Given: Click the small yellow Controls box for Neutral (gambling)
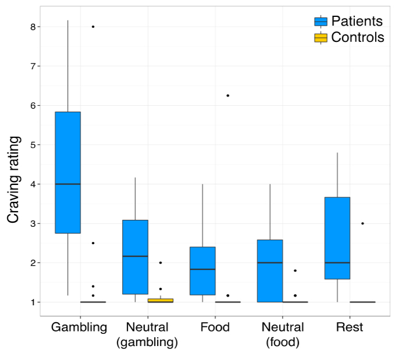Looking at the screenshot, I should (160, 301).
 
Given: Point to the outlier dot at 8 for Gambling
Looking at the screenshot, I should (93, 27).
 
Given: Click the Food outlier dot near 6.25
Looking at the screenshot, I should (228, 95).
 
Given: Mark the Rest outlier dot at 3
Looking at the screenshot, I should (362, 223).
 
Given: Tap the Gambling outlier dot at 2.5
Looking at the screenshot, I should (93, 243).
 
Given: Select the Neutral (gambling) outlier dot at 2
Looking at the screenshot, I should (161, 263).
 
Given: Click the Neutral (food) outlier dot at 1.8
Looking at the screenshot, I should (295, 270).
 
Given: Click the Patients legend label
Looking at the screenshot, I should (356, 21).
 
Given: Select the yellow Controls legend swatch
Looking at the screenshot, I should (320, 37).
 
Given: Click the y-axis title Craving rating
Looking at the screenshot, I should (13, 180).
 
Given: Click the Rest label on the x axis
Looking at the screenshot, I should (349, 327).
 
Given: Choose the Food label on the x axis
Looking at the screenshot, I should (215, 327).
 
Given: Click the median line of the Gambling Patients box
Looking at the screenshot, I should (67, 184).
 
